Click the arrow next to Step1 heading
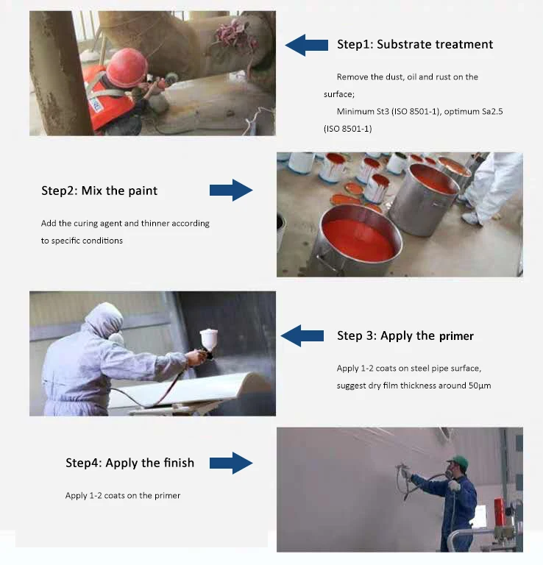tap(306, 45)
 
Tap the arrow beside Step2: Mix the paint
tap(231, 190)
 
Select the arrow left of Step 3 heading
tap(302, 336)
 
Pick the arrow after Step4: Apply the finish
tap(231, 463)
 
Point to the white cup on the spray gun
tap(209, 339)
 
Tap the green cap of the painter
tap(458, 461)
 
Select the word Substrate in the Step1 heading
tap(405, 44)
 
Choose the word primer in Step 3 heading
tap(456, 336)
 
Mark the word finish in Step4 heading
tap(178, 463)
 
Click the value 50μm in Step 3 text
tap(479, 385)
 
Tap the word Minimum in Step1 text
tap(355, 111)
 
